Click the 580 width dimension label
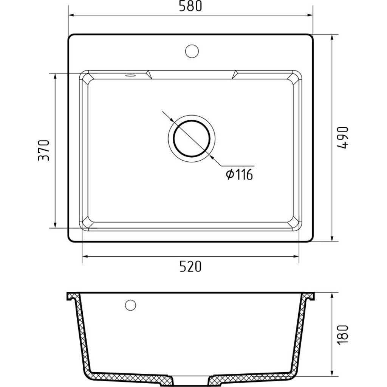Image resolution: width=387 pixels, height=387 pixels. click(x=190, y=6)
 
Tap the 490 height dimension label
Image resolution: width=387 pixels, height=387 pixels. click(x=342, y=138)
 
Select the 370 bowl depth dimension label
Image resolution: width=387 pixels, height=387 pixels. click(x=44, y=150)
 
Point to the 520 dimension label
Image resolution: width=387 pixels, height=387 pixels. click(x=190, y=266)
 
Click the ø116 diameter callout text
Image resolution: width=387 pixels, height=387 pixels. click(x=239, y=175)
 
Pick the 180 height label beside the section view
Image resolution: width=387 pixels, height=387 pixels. click(x=342, y=335)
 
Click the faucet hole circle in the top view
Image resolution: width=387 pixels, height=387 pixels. click(x=192, y=51)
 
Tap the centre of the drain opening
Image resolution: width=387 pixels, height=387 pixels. click(x=192, y=138)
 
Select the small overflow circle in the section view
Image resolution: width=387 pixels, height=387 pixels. click(x=130, y=305)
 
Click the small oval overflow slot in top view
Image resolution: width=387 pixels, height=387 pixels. click(x=130, y=75)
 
